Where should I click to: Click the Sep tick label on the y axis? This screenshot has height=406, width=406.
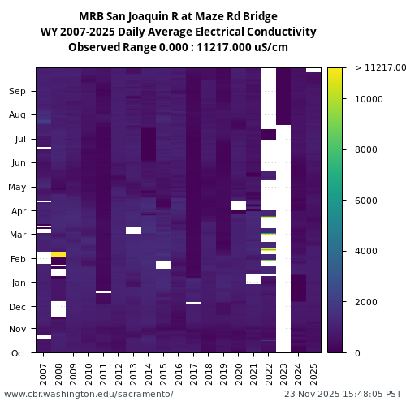pyautogui.click(x=17, y=91)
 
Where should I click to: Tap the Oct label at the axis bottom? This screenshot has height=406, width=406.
pyautogui.click(x=17, y=352)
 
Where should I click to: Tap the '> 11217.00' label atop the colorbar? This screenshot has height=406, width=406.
pyautogui.click(x=380, y=68)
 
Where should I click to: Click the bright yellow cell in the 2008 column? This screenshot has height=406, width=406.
pyautogui.click(x=58, y=254)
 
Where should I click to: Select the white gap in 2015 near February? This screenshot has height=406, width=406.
pyautogui.click(x=163, y=264)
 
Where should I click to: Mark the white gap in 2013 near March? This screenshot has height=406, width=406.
pyautogui.click(x=133, y=231)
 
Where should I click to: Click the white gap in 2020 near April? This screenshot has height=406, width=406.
pyautogui.click(x=238, y=205)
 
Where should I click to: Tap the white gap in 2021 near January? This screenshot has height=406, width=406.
pyautogui.click(x=253, y=279)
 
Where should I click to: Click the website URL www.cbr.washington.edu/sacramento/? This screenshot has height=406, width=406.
pyautogui.click(x=89, y=394)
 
